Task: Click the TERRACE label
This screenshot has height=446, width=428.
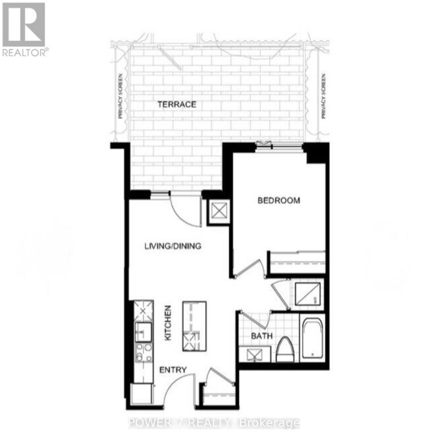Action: pyautogui.click(x=176, y=104)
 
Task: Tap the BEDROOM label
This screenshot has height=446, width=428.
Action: pyautogui.click(x=279, y=200)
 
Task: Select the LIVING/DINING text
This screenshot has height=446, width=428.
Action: pyautogui.click(x=173, y=246)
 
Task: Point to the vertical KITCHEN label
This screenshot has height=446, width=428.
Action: pyautogui.click(x=168, y=323)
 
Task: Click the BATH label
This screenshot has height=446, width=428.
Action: pyautogui.click(x=261, y=336)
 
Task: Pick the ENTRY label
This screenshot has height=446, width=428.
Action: pyautogui.click(x=173, y=370)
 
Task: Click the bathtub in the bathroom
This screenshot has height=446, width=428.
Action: pyautogui.click(x=311, y=339)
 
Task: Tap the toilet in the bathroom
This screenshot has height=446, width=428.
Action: pyautogui.click(x=285, y=349)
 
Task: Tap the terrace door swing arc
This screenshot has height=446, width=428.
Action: pyautogui.click(x=185, y=210)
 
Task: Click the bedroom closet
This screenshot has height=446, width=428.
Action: pyautogui.click(x=298, y=262)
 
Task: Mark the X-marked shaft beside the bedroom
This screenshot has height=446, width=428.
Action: pyautogui.click(x=217, y=211)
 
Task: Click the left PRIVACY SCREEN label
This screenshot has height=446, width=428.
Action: pyautogui.click(x=120, y=96)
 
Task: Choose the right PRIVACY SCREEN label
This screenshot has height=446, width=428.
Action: pyautogui.click(x=323, y=96)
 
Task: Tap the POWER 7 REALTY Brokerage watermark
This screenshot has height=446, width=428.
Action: pyautogui.click(x=214, y=423)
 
